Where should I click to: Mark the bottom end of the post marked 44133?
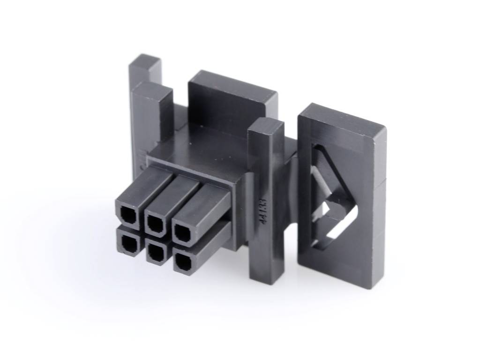[266, 274]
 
